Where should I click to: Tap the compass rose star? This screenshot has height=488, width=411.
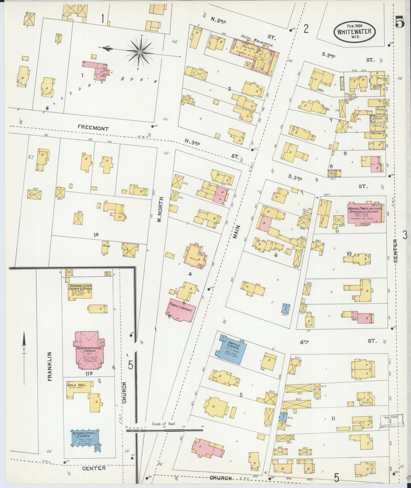pos(140,52)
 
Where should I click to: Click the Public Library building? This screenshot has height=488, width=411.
pos(181,310)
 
